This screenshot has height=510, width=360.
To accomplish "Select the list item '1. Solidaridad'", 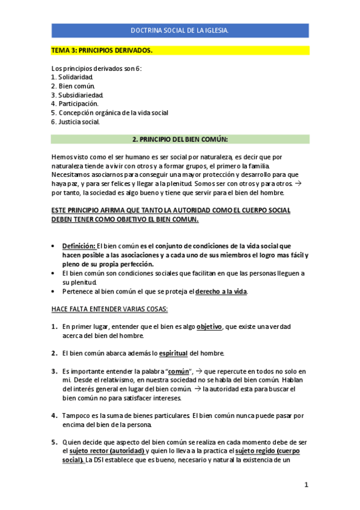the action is pyautogui.click(x=72, y=78).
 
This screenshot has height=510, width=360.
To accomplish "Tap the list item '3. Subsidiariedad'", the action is pyautogui.click(x=78, y=95).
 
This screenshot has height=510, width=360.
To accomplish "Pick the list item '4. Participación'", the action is pyautogui.click(x=75, y=103).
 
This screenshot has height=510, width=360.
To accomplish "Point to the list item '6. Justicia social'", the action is pyautogui.click(x=76, y=121).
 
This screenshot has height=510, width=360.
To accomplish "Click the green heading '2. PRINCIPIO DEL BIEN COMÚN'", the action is pyautogui.click(x=180, y=140).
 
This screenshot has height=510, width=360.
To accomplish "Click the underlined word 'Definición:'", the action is pyautogui.click(x=79, y=246).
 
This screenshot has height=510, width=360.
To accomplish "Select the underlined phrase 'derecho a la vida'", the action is pyautogui.click(x=221, y=292).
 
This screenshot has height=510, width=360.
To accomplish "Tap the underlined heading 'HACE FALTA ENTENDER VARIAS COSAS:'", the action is pyautogui.click(x=109, y=309).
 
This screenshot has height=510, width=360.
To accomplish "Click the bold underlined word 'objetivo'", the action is pyautogui.click(x=209, y=327).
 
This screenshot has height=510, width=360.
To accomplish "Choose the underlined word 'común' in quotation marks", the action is pyautogui.click(x=178, y=372).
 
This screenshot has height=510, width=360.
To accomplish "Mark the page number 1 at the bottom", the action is pyautogui.click(x=306, y=485).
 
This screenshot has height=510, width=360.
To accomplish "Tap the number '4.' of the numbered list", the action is pyautogui.click(x=55, y=415).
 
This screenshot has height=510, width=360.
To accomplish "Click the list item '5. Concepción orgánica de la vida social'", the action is pyautogui.click(x=109, y=112).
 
